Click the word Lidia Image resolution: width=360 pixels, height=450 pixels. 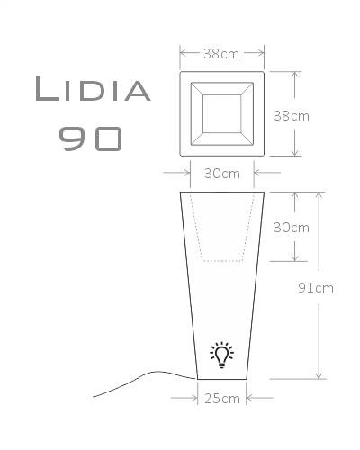(x=92, y=90)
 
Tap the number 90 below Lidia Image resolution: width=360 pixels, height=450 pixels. (x=90, y=138)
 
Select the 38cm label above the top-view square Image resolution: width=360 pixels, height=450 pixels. (x=221, y=54)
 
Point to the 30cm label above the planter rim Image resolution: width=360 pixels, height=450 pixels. (x=221, y=173)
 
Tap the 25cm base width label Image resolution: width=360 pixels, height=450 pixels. (x=221, y=397)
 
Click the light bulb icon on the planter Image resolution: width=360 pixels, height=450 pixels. (x=220, y=355)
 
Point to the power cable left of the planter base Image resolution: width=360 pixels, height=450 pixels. (x=135, y=382)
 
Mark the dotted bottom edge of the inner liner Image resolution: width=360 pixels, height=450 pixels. (x=221, y=261)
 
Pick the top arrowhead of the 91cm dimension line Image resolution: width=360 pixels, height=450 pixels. (x=318, y=194)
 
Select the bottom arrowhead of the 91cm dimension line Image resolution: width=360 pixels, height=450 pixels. (x=318, y=377)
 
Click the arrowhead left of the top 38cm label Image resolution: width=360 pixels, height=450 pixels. (x=182, y=54)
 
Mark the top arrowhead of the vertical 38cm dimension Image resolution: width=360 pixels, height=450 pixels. (x=293, y=74)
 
